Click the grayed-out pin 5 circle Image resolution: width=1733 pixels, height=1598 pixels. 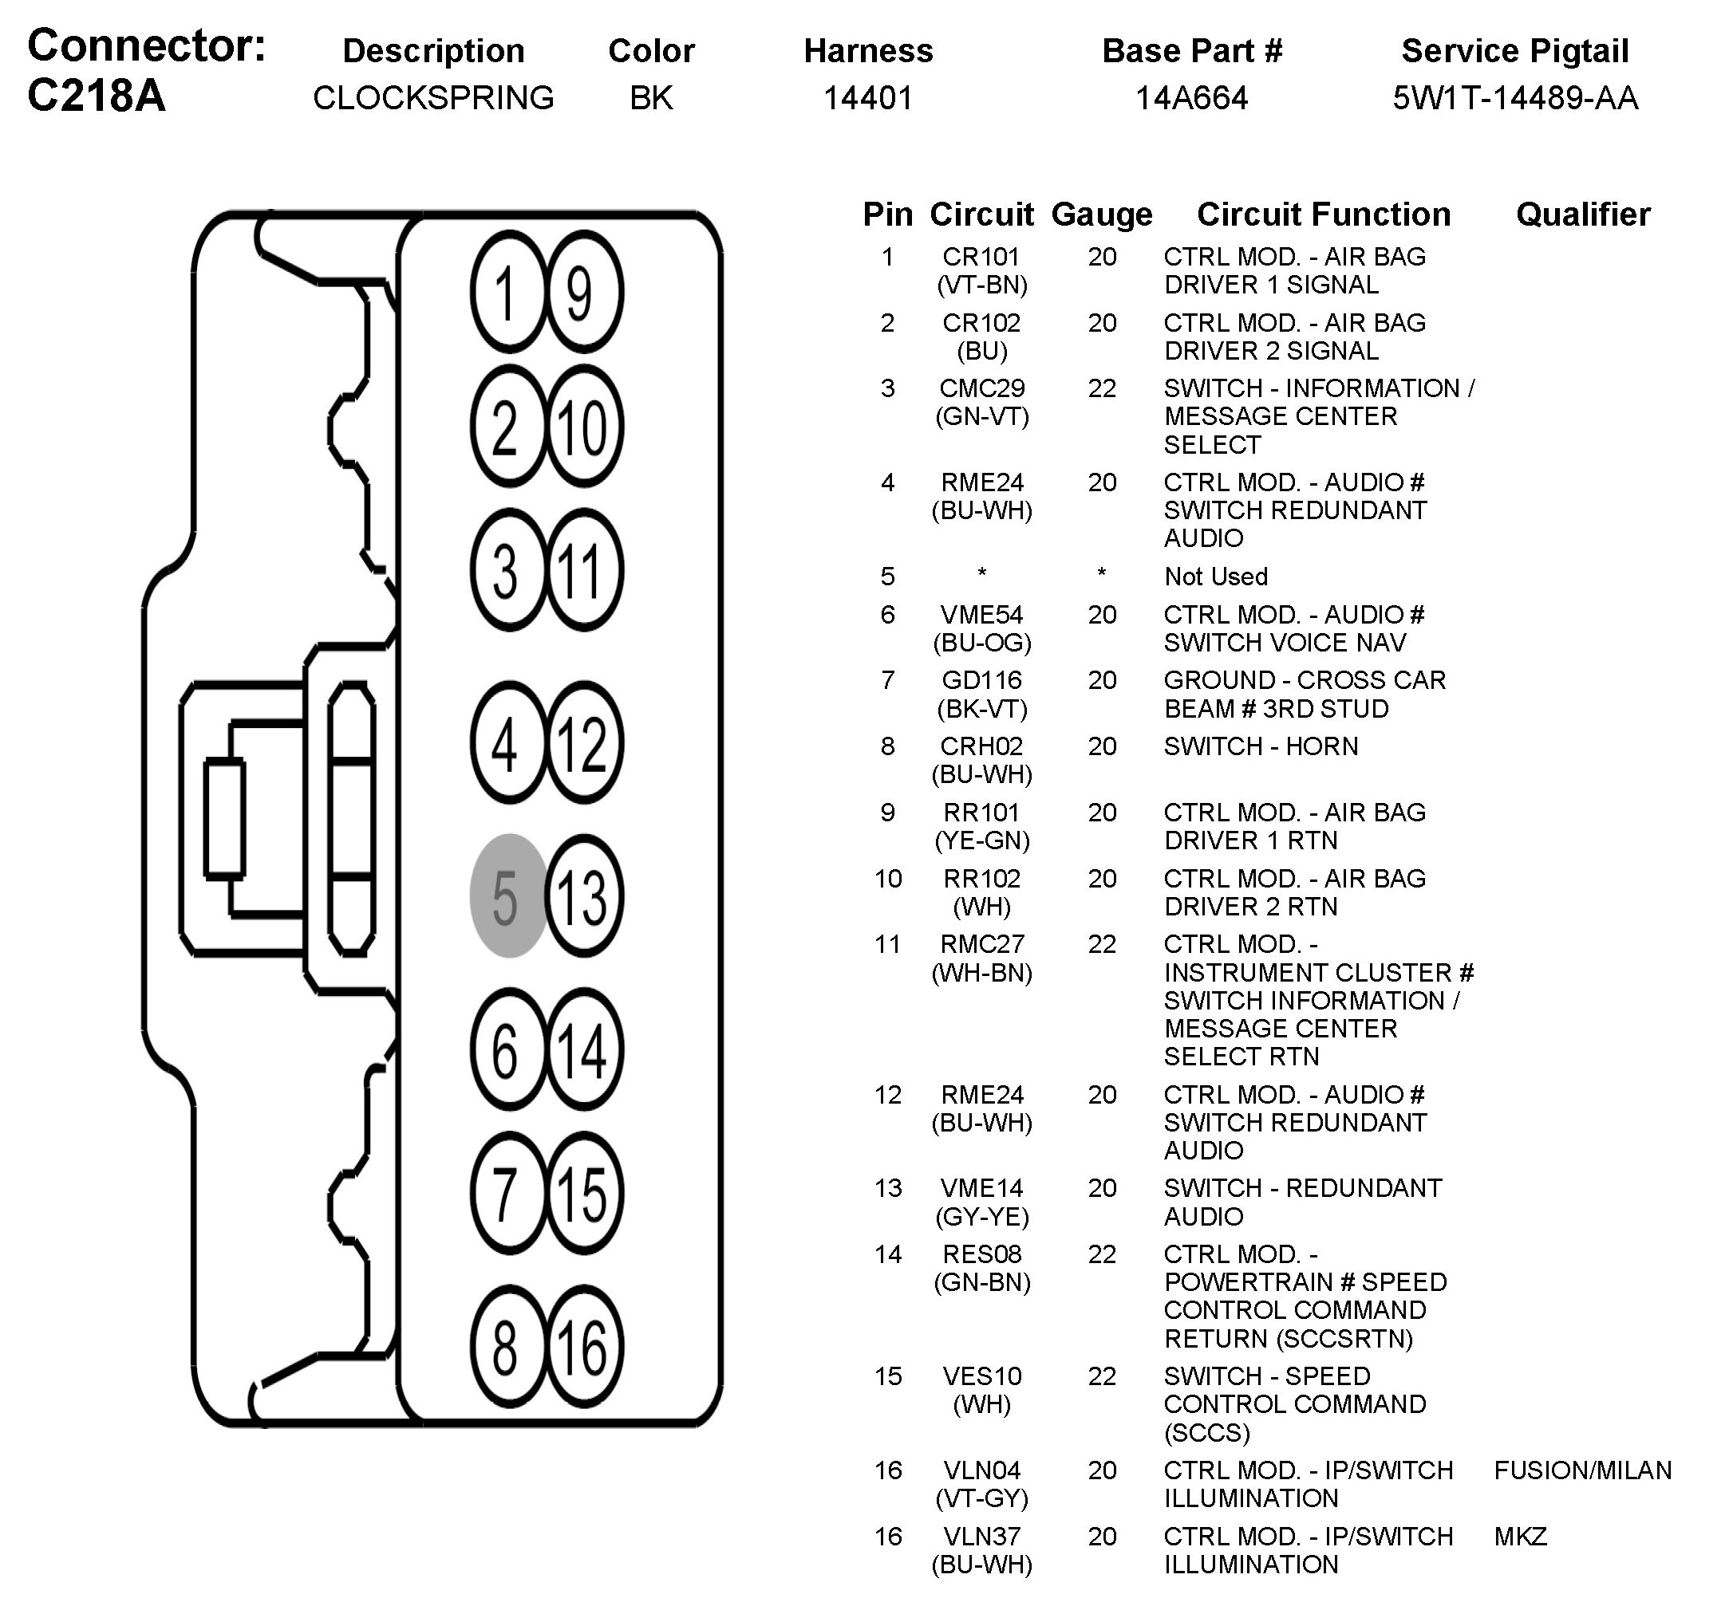pyautogui.click(x=508, y=895)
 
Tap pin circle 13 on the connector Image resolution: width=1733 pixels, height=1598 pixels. pyautogui.click(x=584, y=895)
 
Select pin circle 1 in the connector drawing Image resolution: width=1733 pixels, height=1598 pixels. pyautogui.click(x=508, y=291)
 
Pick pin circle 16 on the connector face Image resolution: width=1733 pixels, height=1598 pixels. pyautogui.click(x=584, y=1348)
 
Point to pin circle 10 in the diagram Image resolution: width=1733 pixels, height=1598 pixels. pyautogui.click(x=584, y=427)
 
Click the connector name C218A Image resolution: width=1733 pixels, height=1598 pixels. pyautogui.click(x=96, y=95)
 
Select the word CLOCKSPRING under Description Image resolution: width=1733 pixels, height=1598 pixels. pyautogui.click(x=432, y=98)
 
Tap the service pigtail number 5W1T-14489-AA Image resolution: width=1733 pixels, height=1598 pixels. pyautogui.click(x=1514, y=98)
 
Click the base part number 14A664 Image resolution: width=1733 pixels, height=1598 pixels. pyautogui.click(x=1190, y=98)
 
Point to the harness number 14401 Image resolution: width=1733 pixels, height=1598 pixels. pyautogui.click(x=868, y=98)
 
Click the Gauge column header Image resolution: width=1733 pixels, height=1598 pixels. pyautogui.click(x=1101, y=215)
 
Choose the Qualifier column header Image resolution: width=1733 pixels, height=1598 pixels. pyautogui.click(x=1582, y=215)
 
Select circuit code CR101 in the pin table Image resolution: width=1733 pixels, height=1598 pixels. pyautogui.click(x=981, y=257)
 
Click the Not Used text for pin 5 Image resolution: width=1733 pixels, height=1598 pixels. pyautogui.click(x=1216, y=576)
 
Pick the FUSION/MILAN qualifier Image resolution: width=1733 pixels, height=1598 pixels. pyautogui.click(x=1582, y=1470)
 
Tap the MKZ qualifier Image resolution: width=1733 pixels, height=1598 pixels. pyautogui.click(x=1520, y=1537)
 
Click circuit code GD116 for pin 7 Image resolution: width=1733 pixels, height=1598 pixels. pyautogui.click(x=981, y=680)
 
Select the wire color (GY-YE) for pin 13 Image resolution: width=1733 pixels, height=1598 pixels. pyautogui.click(x=981, y=1217)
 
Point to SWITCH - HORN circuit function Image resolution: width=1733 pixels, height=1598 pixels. pyautogui.click(x=1261, y=746)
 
